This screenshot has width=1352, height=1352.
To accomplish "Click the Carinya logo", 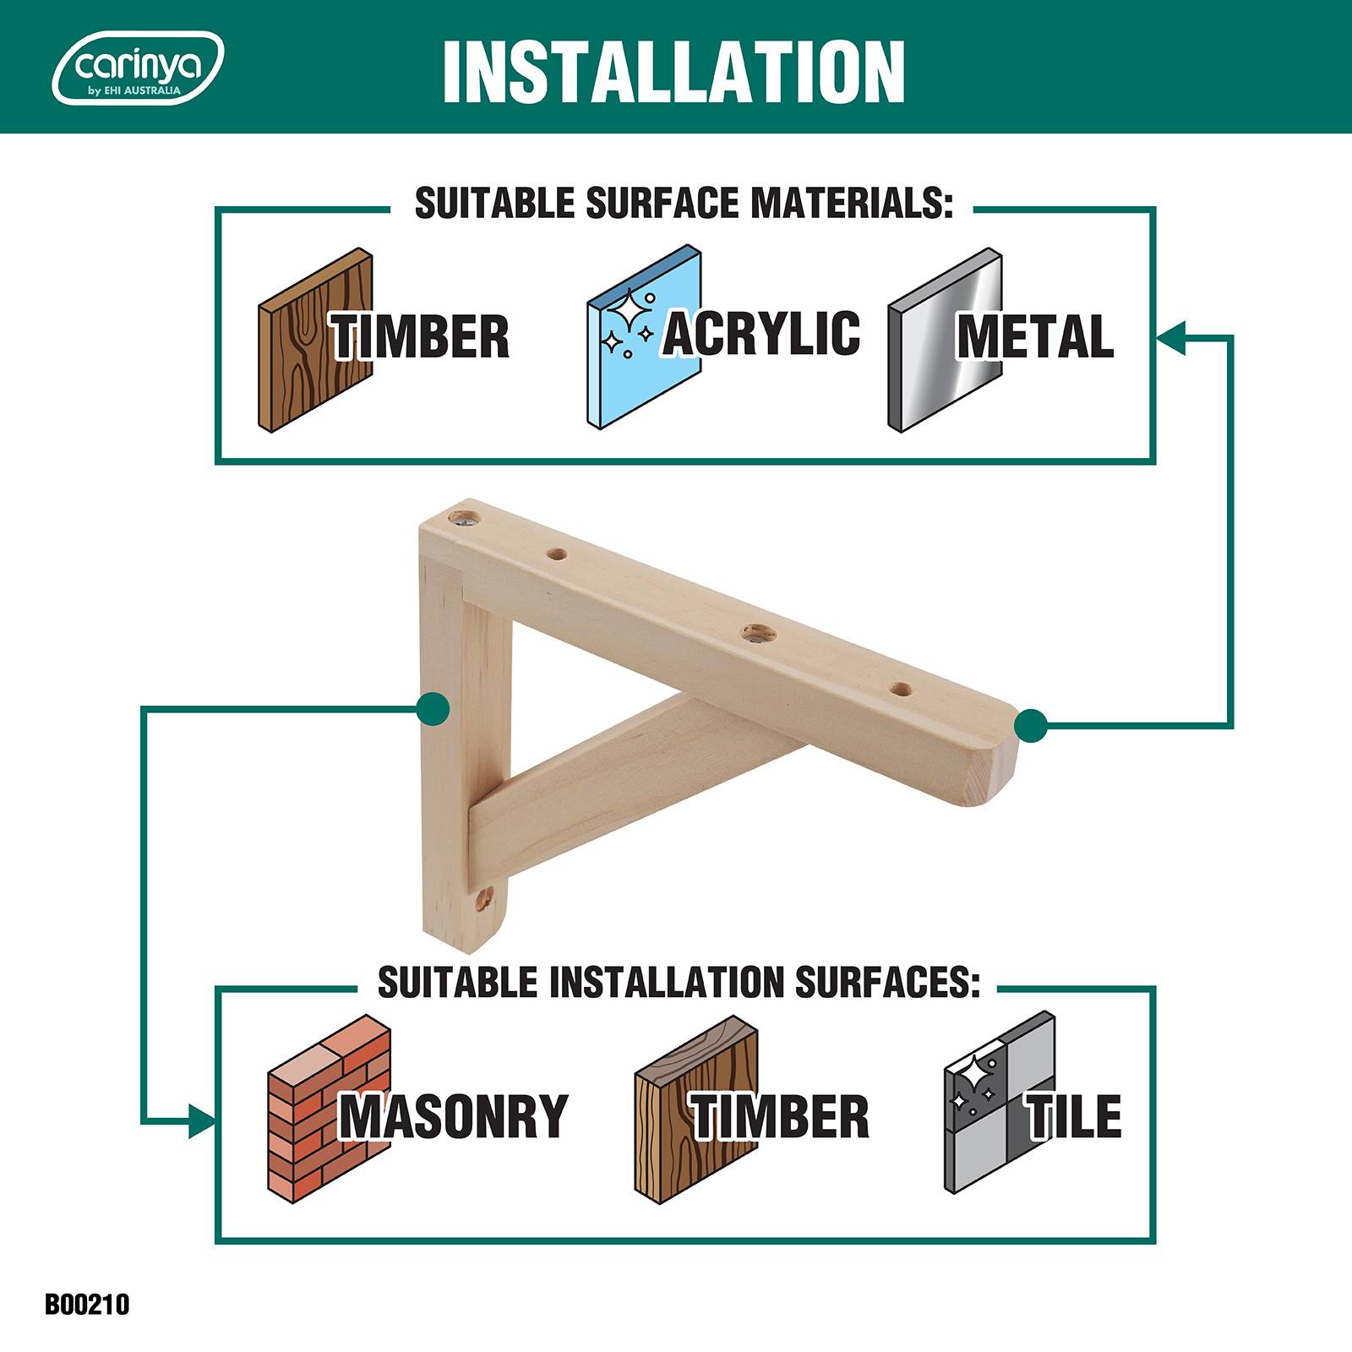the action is tap(139, 68).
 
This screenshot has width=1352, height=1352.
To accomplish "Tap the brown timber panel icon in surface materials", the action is tap(315, 341).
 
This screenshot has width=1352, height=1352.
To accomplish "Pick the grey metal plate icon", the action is tap(946, 341).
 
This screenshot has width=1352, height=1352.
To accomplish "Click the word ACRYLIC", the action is tap(761, 333).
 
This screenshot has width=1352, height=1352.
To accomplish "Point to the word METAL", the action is tap(1035, 336).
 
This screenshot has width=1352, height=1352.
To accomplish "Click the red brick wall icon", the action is tap(329, 1106).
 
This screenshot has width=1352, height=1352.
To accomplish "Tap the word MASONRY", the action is tap(454, 1116).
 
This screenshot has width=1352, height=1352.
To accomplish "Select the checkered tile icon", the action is tap(1000, 1103).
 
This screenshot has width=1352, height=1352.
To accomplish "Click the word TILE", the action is tap(1074, 1116).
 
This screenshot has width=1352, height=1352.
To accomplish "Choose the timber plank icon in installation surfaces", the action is tap(695, 1106).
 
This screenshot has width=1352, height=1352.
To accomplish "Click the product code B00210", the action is tap(88, 1305).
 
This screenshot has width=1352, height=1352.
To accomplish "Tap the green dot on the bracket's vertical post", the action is tap(433, 709).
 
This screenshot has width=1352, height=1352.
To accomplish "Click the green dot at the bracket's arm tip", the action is tap(1030, 725).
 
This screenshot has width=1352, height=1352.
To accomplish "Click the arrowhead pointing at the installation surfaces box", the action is tap(202, 1121).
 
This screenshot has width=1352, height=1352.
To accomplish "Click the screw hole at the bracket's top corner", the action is tap(463, 516).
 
